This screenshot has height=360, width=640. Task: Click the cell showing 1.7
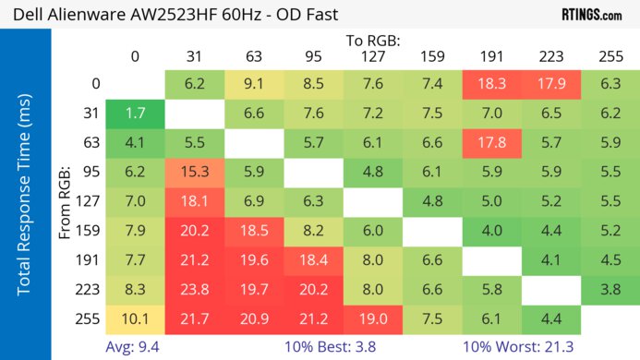[135, 114]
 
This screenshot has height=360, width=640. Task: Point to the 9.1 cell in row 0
[254, 84]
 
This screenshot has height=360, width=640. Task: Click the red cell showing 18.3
[491, 84]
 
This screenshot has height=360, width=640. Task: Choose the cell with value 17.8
[491, 142]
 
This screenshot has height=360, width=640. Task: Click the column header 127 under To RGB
[373, 56]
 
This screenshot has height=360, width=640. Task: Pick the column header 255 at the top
[610, 56]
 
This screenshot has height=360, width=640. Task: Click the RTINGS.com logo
[592, 14]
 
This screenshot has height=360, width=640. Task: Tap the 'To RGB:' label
[373, 40]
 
